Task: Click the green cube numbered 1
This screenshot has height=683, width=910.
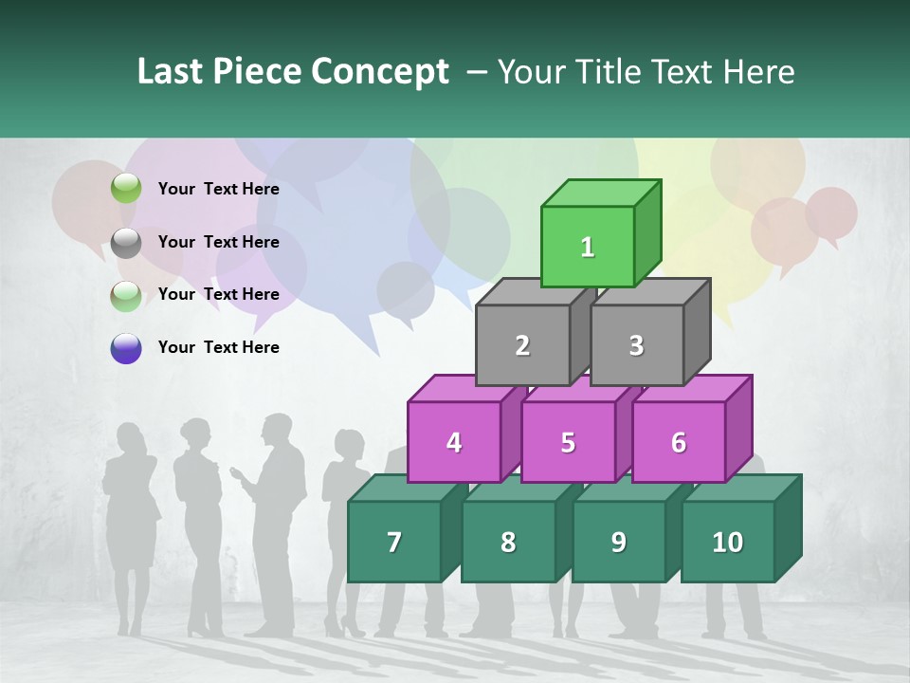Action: point(588,247)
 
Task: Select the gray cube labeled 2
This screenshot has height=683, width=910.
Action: point(522,345)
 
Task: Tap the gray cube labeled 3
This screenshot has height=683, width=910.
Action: point(636,345)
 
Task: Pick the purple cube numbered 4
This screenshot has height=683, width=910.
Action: point(454,442)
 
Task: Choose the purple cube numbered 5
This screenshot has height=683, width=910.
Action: point(568,442)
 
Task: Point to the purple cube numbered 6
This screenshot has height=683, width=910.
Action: point(679,442)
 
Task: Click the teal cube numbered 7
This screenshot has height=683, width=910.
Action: point(394,542)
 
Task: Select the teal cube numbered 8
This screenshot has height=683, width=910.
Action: point(508,542)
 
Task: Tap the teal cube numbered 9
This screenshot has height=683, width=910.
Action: point(618,542)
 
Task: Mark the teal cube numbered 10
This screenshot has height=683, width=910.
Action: point(727,542)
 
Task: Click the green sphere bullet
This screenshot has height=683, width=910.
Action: point(126,189)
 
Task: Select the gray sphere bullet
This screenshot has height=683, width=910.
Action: point(126,242)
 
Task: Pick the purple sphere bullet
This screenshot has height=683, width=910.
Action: point(126,347)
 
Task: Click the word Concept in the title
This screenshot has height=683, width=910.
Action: point(380,72)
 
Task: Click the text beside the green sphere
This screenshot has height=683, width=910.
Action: point(218,189)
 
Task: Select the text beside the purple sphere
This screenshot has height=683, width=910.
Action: point(218,347)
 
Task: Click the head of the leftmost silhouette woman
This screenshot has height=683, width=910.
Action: point(129,438)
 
